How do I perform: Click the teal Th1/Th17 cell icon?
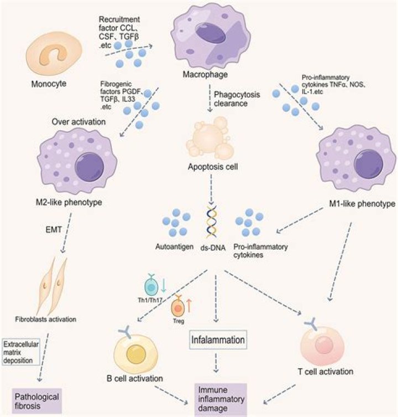click(151, 286)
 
